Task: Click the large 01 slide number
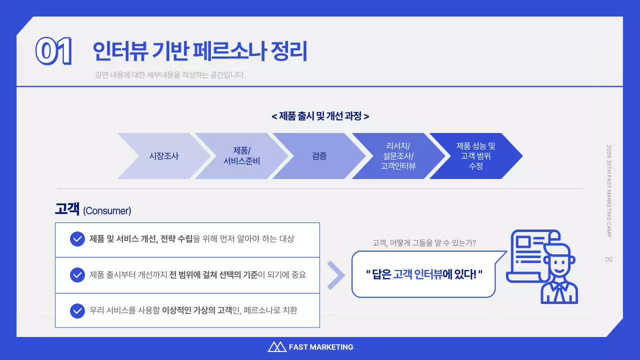[54, 51]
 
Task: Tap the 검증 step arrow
[319, 156]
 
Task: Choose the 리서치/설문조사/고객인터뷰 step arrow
[398, 156]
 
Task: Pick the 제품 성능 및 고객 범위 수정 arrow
[475, 156]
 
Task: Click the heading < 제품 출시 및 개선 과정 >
[320, 116]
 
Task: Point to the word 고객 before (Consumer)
[67, 209]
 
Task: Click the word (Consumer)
[107, 211]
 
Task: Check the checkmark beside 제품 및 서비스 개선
[77, 239]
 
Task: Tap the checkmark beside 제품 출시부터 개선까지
[77, 275]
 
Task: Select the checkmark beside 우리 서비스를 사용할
[77, 310]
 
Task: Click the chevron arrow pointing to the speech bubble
[336, 275]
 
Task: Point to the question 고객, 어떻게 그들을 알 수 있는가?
[424, 243]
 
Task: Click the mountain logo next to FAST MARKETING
[276, 346]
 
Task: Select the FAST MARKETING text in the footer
[321, 347]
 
